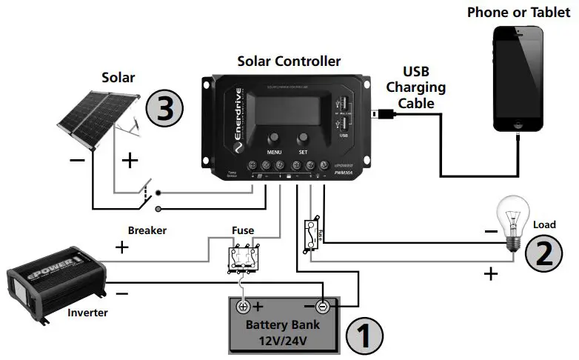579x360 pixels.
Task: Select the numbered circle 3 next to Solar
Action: pyautogui.click(x=165, y=107)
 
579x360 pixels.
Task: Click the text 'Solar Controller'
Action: pyautogui.click(x=289, y=61)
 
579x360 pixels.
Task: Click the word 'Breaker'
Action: pyautogui.click(x=147, y=230)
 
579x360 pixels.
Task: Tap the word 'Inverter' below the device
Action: pyautogui.click(x=87, y=313)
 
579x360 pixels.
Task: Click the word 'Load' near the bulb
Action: pyautogui.click(x=544, y=224)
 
